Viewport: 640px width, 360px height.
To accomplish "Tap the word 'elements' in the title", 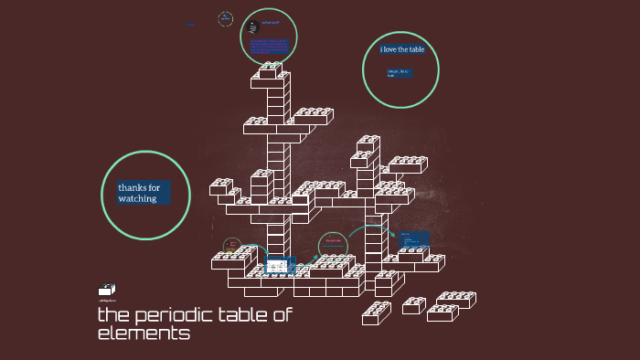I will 144,334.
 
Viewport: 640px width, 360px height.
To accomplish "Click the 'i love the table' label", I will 402,49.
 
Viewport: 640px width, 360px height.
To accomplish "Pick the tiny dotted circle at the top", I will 225,18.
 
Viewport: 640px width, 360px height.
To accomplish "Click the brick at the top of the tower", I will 271,69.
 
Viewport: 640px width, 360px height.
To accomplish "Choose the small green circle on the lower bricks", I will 333,244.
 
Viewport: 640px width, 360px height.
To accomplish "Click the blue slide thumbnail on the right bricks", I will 413,240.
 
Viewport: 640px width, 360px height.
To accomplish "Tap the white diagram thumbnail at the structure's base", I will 276,268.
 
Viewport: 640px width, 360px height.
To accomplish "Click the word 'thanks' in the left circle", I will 133,187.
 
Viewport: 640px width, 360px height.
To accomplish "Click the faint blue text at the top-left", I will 190,25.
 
